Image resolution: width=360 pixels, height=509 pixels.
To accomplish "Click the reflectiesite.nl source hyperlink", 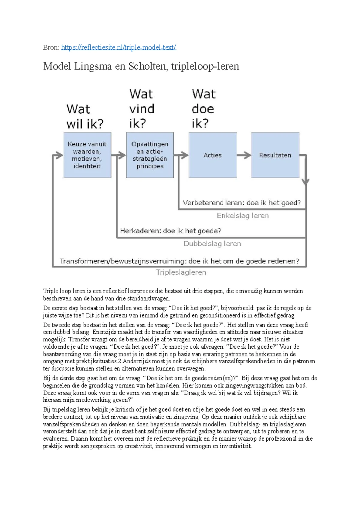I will coord(118,47).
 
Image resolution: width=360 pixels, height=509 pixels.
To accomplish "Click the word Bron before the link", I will coord(50,47).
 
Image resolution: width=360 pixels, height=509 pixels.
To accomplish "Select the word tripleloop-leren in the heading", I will coord(205,66).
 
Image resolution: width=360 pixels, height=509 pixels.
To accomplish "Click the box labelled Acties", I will coord(212,155).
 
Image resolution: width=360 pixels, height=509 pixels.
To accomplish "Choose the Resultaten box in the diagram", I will coord(275,155).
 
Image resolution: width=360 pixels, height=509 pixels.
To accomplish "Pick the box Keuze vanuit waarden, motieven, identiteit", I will coord(87,155).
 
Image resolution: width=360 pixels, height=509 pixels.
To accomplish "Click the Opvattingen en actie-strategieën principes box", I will coord(150,155).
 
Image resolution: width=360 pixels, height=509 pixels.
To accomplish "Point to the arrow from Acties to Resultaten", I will coord(244,155).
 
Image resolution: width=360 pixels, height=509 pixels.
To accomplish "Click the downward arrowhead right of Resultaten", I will coord(306,182).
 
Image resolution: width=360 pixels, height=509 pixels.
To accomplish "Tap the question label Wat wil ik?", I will coord(85,116).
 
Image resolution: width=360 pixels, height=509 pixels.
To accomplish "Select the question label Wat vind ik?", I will coord(142,109).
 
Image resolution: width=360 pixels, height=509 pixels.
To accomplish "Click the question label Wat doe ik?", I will coord(203,109).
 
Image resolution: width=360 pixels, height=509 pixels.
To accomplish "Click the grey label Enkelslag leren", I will coord(242,216).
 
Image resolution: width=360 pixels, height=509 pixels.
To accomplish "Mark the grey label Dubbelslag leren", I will coord(212,244).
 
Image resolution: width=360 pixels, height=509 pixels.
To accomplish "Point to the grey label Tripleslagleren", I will coord(181,272).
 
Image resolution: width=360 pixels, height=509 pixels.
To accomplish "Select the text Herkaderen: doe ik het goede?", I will coord(170,231).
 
